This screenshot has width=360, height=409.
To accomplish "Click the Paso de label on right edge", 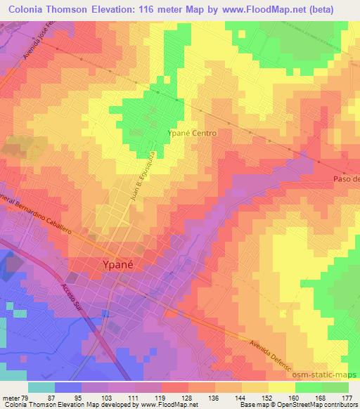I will coord(345,179).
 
